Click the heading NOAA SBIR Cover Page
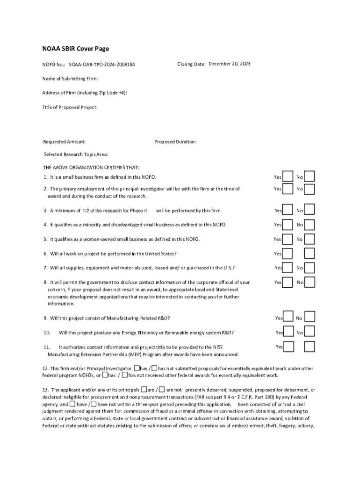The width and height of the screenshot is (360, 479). pyautogui.click(x=76, y=49)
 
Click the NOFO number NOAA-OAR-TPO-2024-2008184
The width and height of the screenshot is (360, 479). pyautogui.click(x=102, y=64)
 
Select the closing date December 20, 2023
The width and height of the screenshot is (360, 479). pyautogui.click(x=229, y=64)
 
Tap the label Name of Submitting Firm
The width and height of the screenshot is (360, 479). pyautogui.click(x=70, y=79)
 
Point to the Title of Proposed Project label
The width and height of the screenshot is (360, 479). pyautogui.click(x=70, y=107)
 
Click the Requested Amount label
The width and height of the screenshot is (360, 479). pyautogui.click(x=65, y=142)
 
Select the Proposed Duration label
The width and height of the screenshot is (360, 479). pyautogui.click(x=175, y=142)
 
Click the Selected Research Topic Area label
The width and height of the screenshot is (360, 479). pyautogui.click(x=76, y=154)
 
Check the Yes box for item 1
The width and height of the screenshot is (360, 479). pyautogui.click(x=288, y=177)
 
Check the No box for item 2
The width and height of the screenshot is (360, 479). pyautogui.click(x=310, y=189)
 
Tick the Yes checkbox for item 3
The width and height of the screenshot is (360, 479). pyautogui.click(x=288, y=210)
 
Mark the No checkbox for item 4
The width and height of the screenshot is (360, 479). pyautogui.click(x=310, y=225)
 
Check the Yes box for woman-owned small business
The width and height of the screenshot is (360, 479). pyautogui.click(x=288, y=239)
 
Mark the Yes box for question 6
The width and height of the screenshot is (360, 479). pyautogui.click(x=288, y=254)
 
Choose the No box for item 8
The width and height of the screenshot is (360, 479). pyautogui.click(x=310, y=282)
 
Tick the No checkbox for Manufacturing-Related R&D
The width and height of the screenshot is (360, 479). pyautogui.click(x=310, y=318)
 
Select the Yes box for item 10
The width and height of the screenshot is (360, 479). pyautogui.click(x=288, y=332)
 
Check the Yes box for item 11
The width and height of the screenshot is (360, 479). pyautogui.click(x=288, y=347)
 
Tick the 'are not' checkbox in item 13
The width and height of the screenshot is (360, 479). pyautogui.click(x=161, y=390)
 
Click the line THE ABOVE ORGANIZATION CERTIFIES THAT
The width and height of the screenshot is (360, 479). pyautogui.click(x=91, y=167)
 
